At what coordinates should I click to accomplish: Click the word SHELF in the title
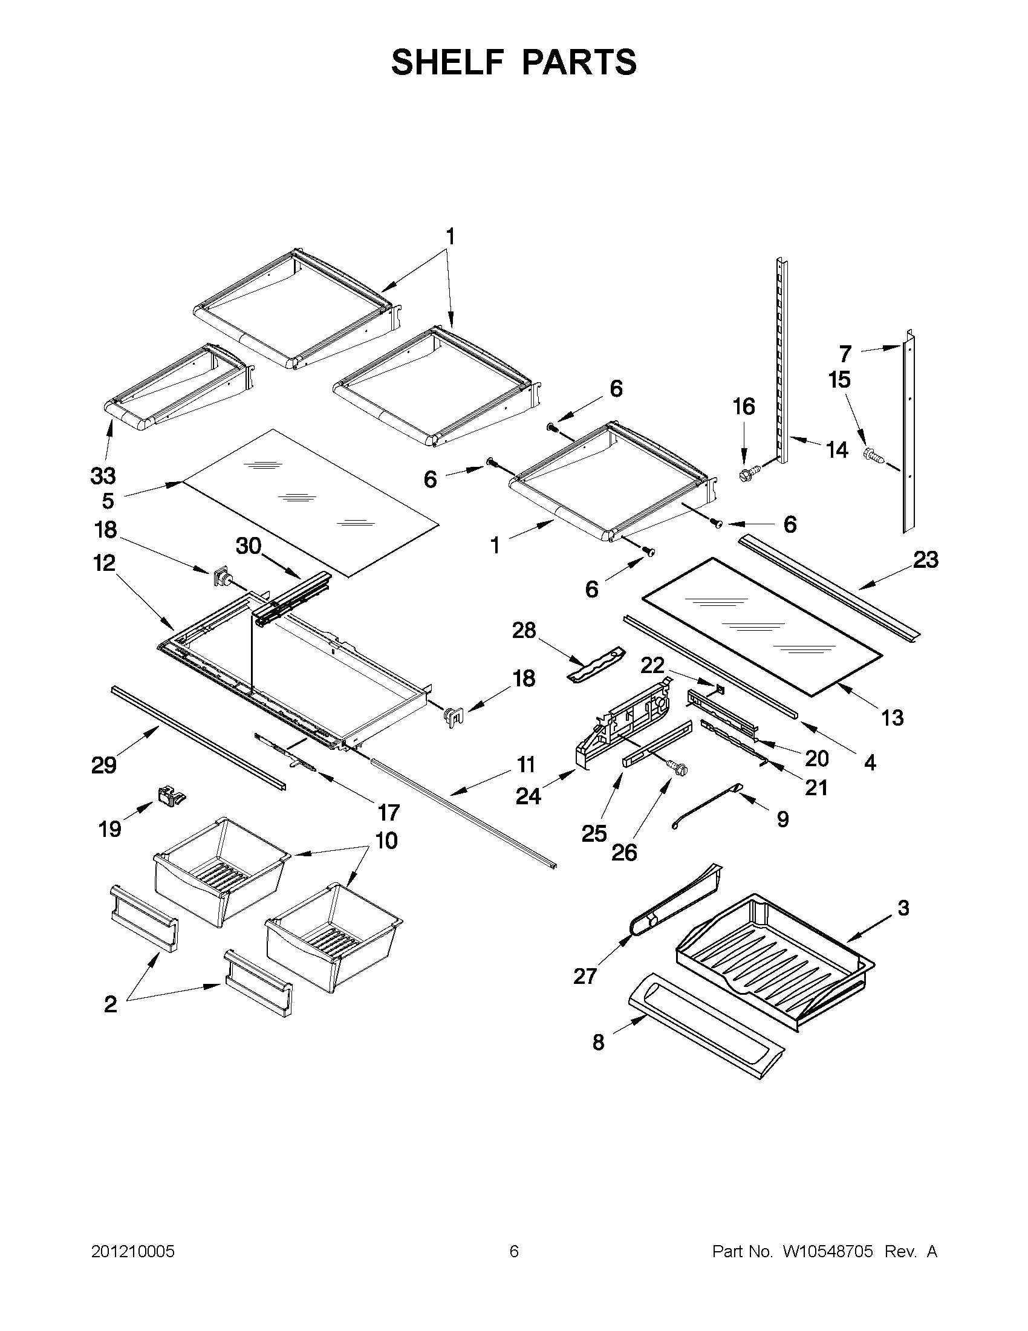coord(448,62)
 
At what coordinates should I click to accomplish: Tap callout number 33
coord(103,475)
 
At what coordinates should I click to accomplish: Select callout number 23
coord(925,559)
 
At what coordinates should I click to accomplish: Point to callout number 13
coord(892,718)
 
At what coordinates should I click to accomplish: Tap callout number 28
coord(524,631)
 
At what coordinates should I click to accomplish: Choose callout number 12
coord(104,562)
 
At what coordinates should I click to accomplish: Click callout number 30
coord(249,547)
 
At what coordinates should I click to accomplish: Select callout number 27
coord(585,976)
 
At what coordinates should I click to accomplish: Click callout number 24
coord(528,796)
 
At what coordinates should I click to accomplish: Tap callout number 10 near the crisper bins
coord(386,841)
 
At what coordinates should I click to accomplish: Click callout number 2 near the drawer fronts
coord(110,1004)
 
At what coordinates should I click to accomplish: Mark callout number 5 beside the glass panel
coord(108,501)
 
